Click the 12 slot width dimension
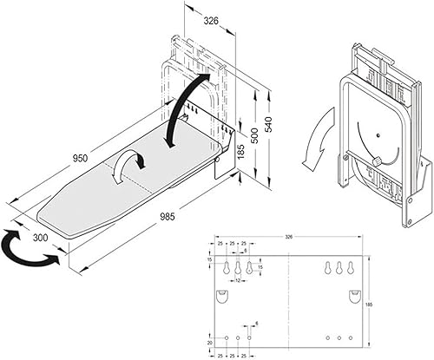(237, 280)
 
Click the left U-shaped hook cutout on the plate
(224, 298)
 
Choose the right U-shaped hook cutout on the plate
(354, 298)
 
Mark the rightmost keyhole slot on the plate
(352, 269)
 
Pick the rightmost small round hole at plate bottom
(352, 337)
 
